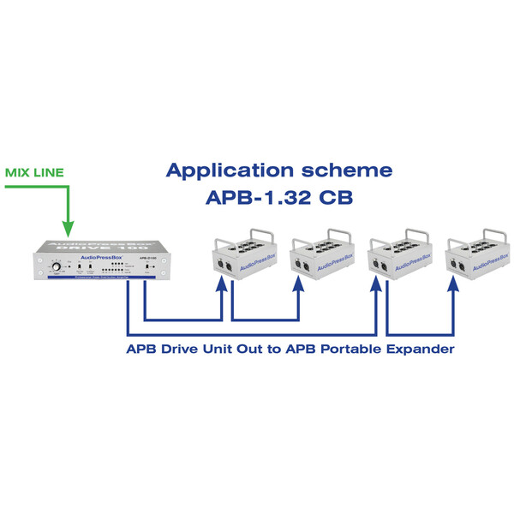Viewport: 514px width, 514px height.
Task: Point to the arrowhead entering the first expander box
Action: point(222,291)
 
